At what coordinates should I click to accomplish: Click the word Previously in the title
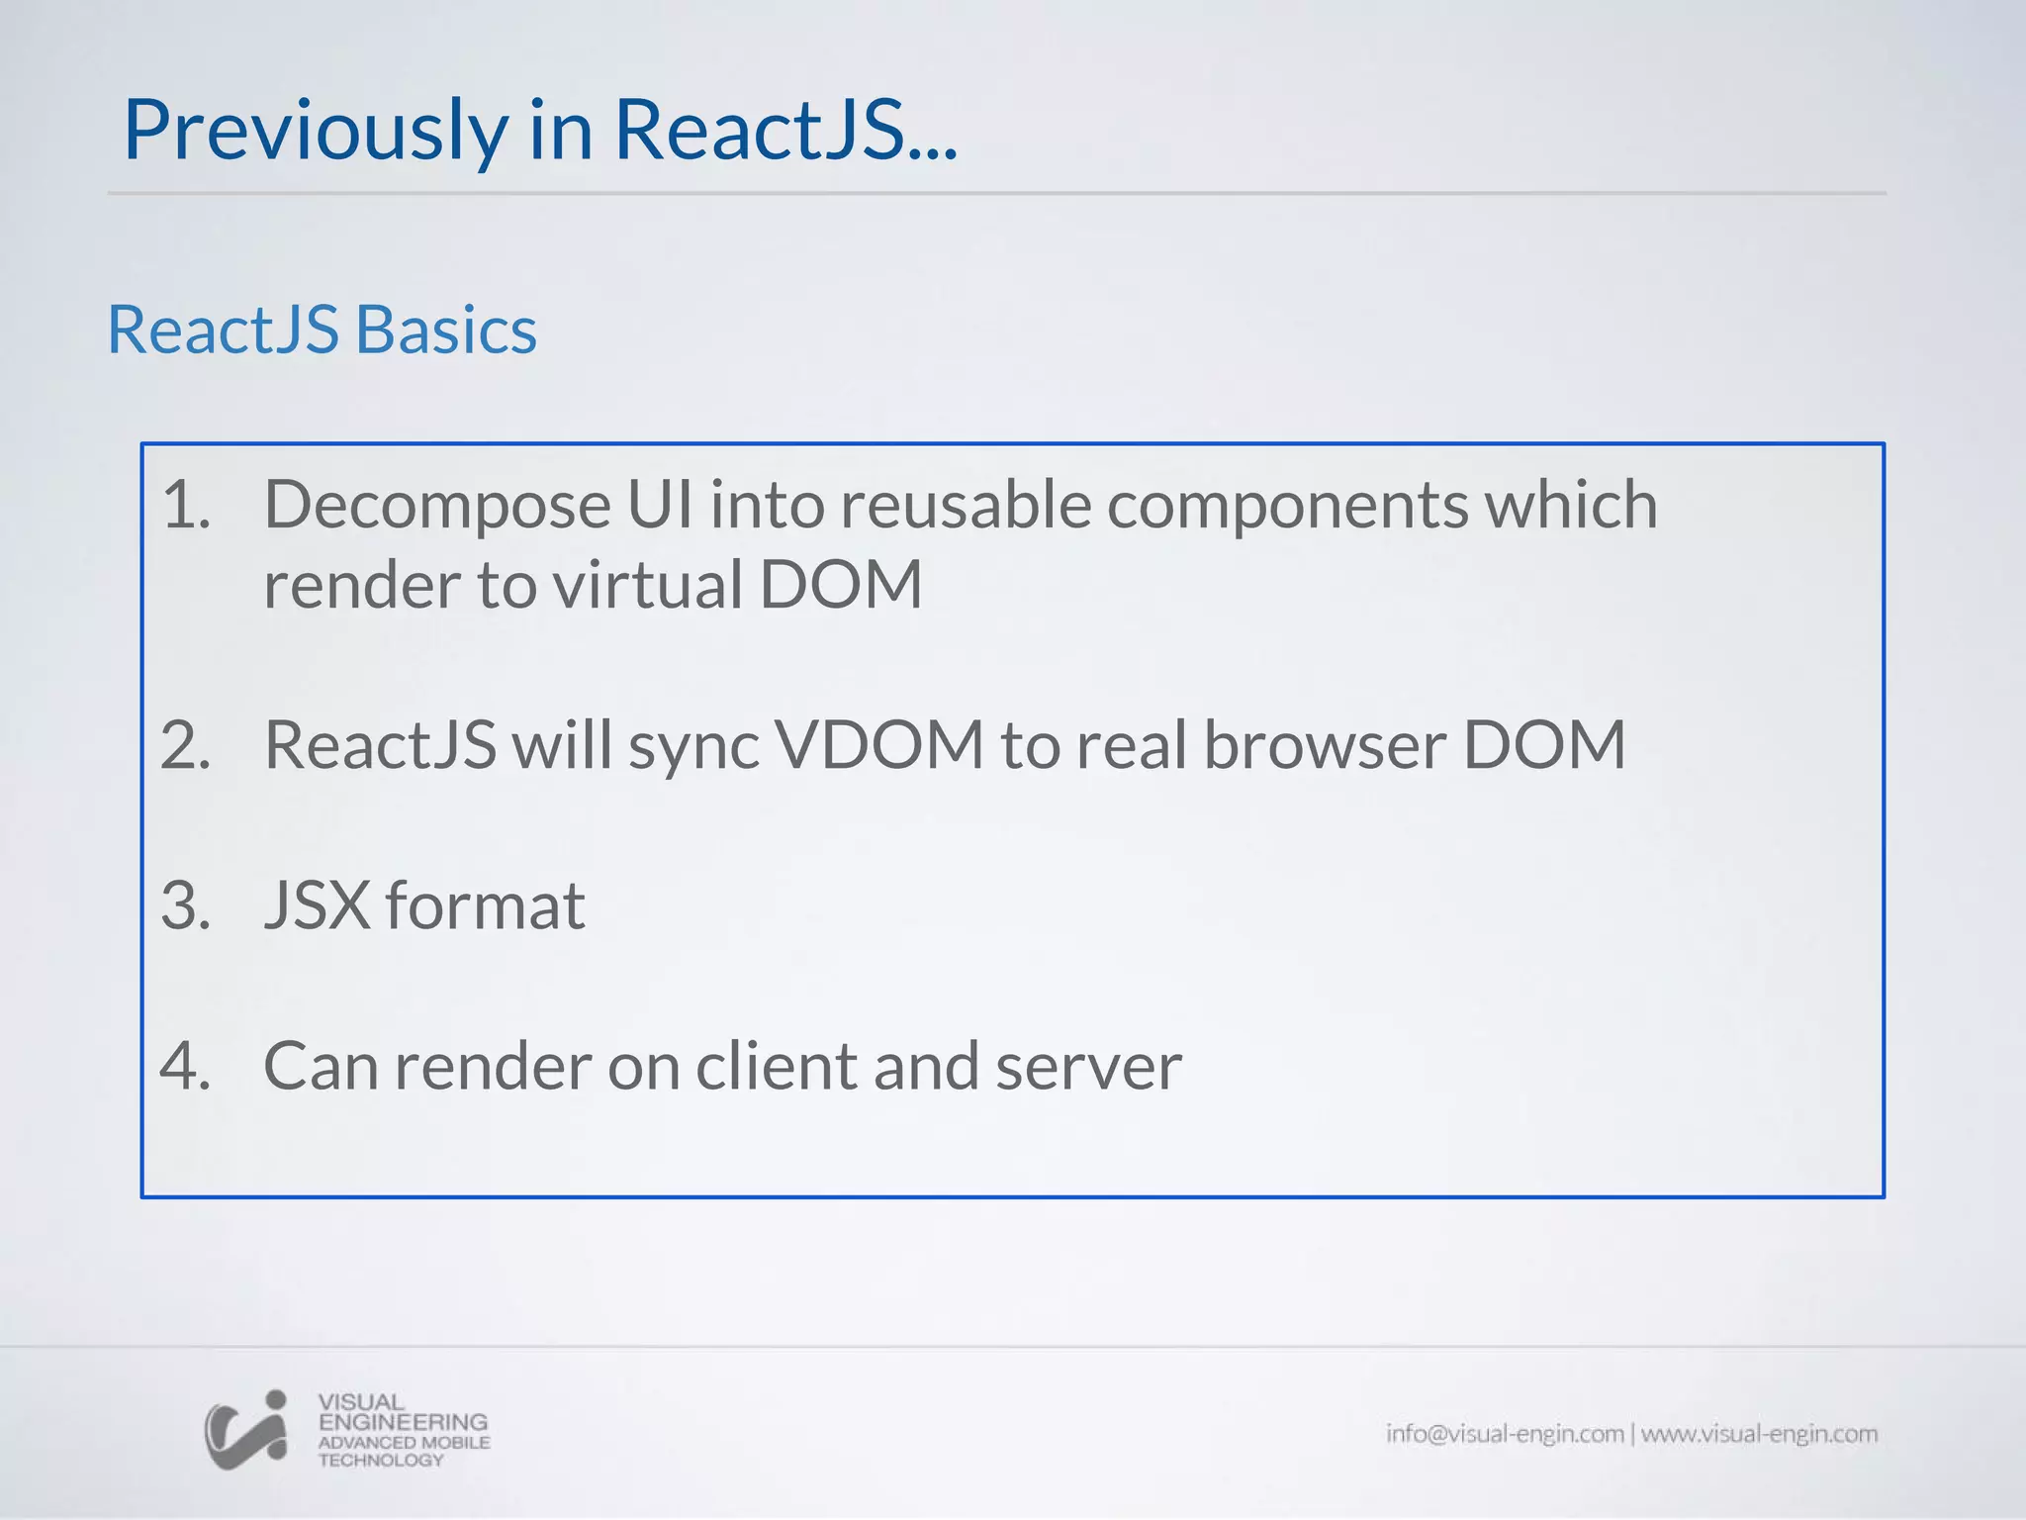tap(315, 131)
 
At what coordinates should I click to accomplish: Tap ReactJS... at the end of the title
tap(785, 131)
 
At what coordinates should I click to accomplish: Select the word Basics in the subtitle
tap(445, 330)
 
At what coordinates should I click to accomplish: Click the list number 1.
tap(185, 505)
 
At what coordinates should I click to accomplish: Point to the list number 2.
tap(185, 745)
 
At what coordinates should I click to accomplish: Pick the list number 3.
tap(185, 905)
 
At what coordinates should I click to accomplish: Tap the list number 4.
tap(185, 1067)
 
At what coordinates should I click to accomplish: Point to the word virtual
tap(647, 584)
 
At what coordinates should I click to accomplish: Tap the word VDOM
tap(878, 745)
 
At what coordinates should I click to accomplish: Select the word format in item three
tap(485, 905)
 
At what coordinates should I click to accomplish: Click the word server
tap(1088, 1067)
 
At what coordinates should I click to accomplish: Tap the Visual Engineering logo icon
tap(246, 1430)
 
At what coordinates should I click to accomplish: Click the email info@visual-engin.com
tap(1505, 1434)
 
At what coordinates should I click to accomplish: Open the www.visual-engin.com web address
tap(1760, 1434)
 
